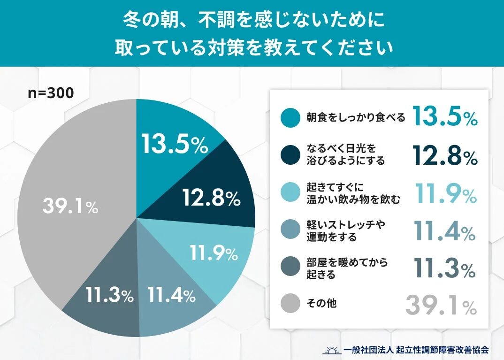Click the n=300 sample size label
pos(51,93)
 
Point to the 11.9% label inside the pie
pos(214,254)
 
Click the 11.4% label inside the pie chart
pos(171,295)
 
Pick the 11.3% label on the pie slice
pos(110,295)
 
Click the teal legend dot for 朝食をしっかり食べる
pos(290,118)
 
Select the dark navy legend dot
pos(290,155)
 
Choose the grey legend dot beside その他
pos(290,304)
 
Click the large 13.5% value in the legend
pos(445,117)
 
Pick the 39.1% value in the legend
pos(441,306)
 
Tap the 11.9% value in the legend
pos(446,193)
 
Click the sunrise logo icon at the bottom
pos(332,350)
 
